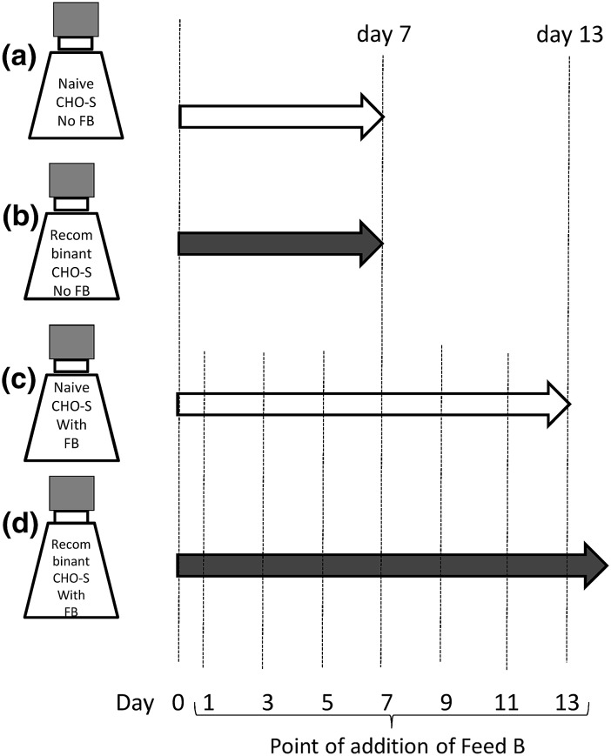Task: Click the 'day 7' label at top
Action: [383, 36]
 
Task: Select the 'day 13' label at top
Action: [566, 36]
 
